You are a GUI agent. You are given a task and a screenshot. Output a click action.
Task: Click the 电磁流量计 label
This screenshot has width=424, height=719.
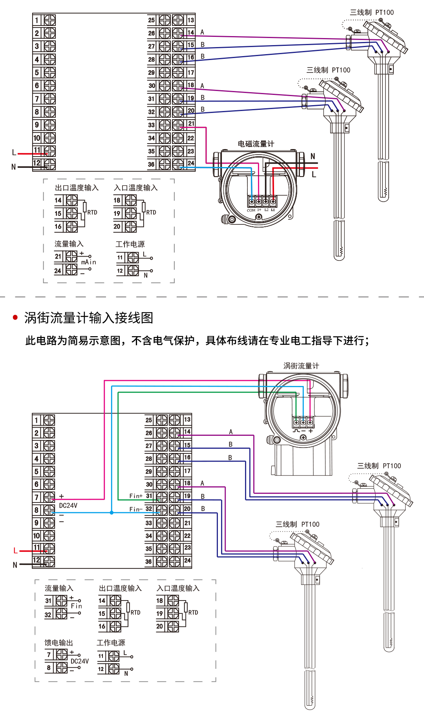tap(256, 144)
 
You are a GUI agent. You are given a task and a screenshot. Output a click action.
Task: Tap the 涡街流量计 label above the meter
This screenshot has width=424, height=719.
tap(301, 366)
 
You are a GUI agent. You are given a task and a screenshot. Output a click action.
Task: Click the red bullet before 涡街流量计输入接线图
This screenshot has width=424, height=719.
tap(15, 317)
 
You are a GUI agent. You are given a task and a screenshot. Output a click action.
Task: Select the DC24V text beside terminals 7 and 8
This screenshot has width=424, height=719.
tap(68, 506)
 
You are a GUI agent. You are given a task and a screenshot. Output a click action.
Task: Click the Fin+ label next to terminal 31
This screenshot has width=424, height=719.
tap(136, 496)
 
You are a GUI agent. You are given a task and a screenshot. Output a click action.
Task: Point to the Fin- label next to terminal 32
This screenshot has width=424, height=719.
tap(135, 509)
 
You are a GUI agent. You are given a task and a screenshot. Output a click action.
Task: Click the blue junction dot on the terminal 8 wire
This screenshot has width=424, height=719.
tap(112, 513)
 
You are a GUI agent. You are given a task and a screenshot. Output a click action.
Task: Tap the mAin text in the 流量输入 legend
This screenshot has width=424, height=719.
tap(88, 262)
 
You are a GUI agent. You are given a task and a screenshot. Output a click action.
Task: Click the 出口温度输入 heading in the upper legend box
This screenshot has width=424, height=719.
tap(77, 188)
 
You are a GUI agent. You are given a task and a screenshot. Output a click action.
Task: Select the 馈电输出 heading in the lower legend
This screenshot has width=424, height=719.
tap(58, 643)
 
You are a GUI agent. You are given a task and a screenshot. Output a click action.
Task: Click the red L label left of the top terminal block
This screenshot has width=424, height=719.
tap(14, 153)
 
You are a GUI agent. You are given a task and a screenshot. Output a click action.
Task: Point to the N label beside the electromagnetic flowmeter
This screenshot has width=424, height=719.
tap(313, 157)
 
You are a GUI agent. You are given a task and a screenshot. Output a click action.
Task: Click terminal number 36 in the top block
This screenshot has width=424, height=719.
tap(151, 164)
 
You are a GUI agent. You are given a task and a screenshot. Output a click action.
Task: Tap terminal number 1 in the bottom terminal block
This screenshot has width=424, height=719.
tap(37, 420)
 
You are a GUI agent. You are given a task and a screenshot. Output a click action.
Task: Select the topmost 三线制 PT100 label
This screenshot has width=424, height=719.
tap(372, 13)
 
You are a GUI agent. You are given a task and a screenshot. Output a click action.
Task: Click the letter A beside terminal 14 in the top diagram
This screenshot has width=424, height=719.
tap(202, 32)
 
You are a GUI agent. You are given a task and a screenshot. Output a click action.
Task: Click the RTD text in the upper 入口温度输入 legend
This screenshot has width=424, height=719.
tap(151, 213)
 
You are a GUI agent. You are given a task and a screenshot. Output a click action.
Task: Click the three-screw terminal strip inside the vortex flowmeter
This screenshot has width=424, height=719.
tap(303, 422)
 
